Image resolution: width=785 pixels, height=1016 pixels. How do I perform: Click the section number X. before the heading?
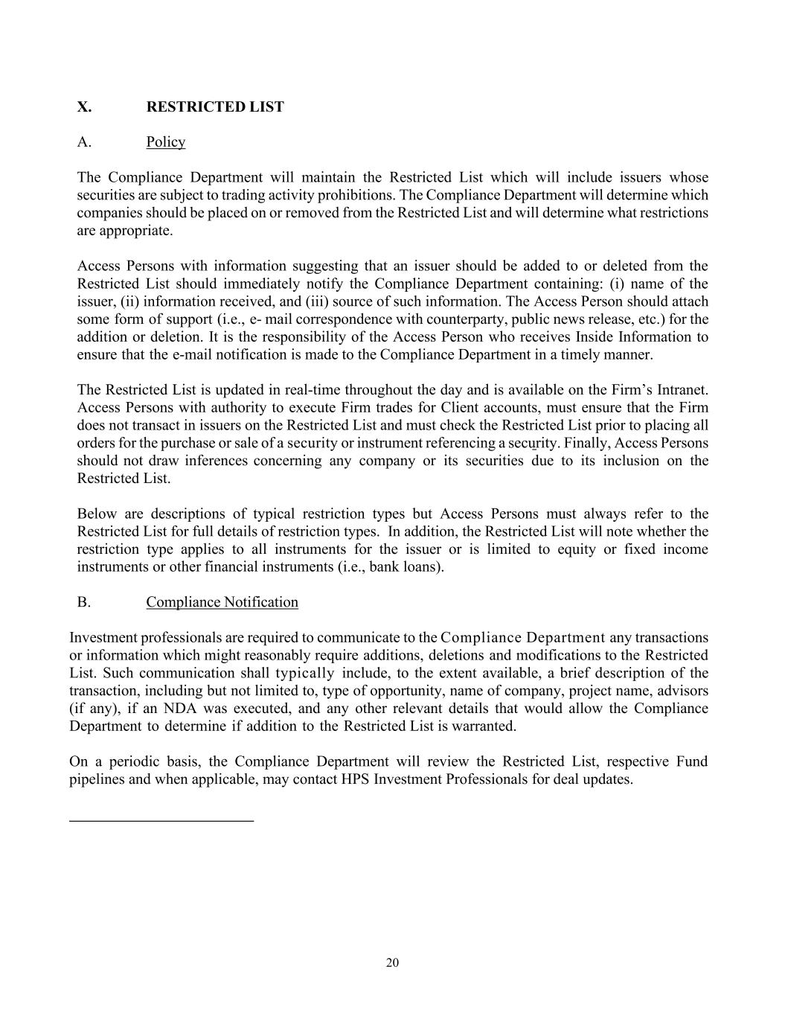pyautogui.click(x=84, y=107)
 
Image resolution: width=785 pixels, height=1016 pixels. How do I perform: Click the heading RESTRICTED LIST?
pyautogui.click(x=215, y=107)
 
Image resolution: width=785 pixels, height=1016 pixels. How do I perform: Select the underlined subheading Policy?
pyautogui.click(x=165, y=142)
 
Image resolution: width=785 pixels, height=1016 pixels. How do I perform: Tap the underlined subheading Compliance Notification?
pyautogui.click(x=222, y=602)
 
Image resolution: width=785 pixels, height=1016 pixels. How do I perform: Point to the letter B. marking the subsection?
pyautogui.click(x=83, y=602)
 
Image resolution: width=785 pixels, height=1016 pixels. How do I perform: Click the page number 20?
pyautogui.click(x=392, y=963)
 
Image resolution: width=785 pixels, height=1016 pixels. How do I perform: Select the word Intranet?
pyautogui.click(x=678, y=390)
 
